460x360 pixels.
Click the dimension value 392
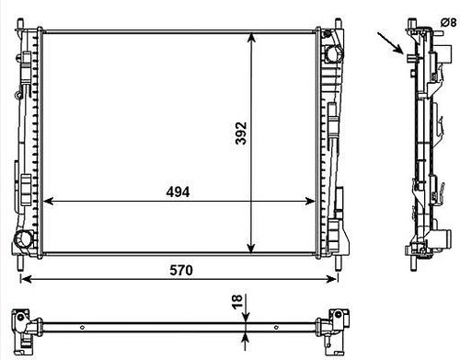point(241,134)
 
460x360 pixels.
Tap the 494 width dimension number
point(178,192)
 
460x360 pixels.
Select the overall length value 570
point(181,271)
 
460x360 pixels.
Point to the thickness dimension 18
point(237,301)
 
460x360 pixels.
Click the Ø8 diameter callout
point(449,22)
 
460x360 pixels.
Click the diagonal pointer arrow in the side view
point(390,43)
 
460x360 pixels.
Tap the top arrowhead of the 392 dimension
point(251,38)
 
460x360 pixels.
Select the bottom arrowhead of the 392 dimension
point(251,249)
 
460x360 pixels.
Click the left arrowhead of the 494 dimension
point(48,202)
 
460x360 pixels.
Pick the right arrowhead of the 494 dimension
point(309,202)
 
